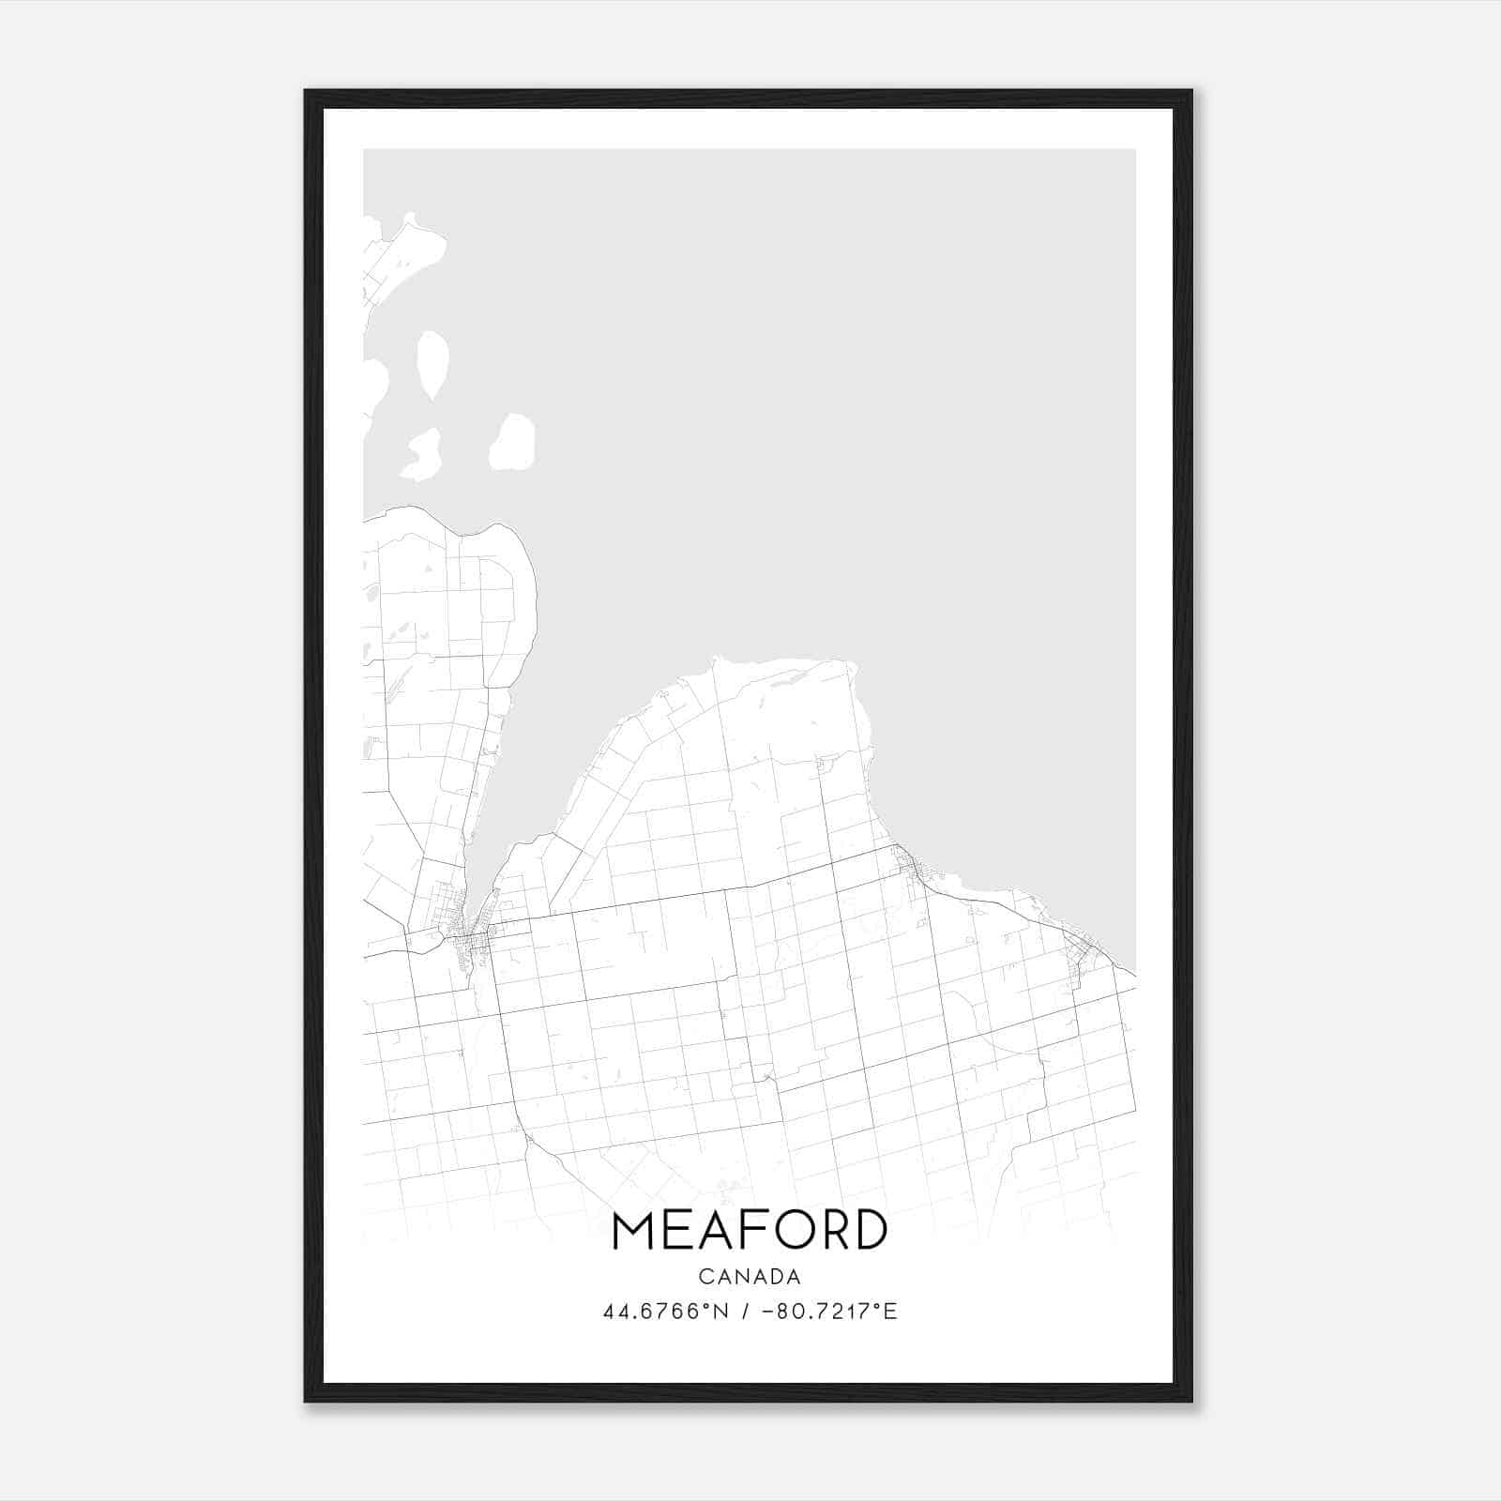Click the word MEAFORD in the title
point(750,1230)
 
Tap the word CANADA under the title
point(750,1277)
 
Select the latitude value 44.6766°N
point(665,1311)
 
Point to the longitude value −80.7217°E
point(830,1311)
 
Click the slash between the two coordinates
point(746,1311)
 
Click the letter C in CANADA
point(705,1277)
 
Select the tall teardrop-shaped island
point(432,364)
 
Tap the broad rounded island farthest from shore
point(513,442)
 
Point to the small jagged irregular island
point(421,456)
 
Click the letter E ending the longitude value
point(891,1311)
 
